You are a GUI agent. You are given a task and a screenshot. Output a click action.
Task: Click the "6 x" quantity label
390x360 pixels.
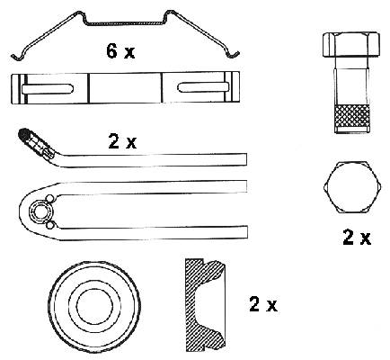[120, 51]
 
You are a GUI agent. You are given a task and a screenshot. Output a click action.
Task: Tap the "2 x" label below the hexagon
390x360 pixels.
[357, 238]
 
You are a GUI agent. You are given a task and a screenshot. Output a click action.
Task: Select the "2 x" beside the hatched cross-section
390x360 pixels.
[263, 304]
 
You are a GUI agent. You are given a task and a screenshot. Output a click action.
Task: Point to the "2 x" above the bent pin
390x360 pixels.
[122, 141]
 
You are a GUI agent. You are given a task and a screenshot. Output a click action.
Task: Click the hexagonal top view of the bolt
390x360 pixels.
[352, 187]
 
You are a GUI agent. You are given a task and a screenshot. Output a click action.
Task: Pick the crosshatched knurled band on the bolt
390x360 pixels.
[352, 116]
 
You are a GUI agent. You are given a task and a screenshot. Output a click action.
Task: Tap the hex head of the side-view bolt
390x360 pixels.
[351, 45]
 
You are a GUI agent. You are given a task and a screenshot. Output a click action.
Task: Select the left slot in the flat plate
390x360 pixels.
[48, 89]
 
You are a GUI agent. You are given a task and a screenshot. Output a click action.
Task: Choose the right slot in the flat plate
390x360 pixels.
[204, 87]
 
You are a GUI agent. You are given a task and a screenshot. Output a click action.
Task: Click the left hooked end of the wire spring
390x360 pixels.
[16, 57]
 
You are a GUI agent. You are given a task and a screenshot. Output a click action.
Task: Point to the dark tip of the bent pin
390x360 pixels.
[23, 134]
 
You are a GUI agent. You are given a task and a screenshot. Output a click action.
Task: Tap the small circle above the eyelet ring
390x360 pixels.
[49, 199]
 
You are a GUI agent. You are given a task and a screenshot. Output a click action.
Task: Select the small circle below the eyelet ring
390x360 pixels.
[50, 225]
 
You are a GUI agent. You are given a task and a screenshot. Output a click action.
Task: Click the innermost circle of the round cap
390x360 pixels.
[94, 306]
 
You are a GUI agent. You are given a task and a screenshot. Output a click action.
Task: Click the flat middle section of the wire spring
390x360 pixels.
[125, 23]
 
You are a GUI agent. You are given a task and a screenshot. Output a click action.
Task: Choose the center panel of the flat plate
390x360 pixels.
[125, 88]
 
